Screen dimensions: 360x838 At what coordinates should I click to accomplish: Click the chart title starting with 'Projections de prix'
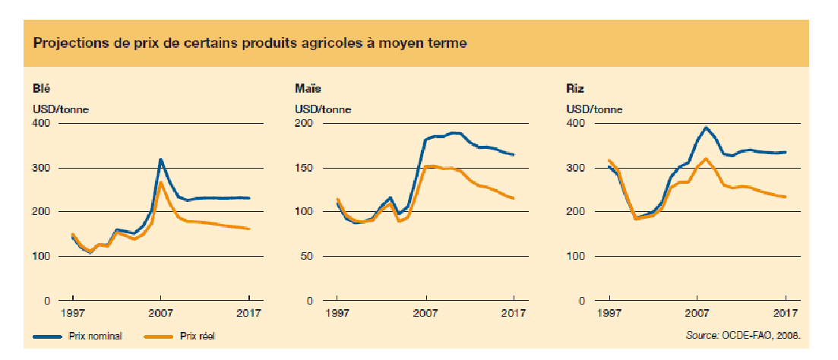pos(250,43)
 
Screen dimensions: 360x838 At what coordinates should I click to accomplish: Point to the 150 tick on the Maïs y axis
pos(304,168)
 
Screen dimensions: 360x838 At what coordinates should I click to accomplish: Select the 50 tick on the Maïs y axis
pos(307,257)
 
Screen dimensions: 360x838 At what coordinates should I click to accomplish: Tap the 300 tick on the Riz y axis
pos(576,168)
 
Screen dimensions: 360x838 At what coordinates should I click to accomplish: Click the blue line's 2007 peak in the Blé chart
pos(160,159)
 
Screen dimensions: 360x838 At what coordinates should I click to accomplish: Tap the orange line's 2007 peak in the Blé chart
pos(160,182)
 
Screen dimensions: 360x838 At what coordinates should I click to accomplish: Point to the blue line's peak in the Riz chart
pos(706,128)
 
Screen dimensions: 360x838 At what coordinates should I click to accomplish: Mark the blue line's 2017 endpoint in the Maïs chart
pos(514,155)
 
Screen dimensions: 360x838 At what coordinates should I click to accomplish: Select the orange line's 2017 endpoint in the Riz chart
pos(785,197)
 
